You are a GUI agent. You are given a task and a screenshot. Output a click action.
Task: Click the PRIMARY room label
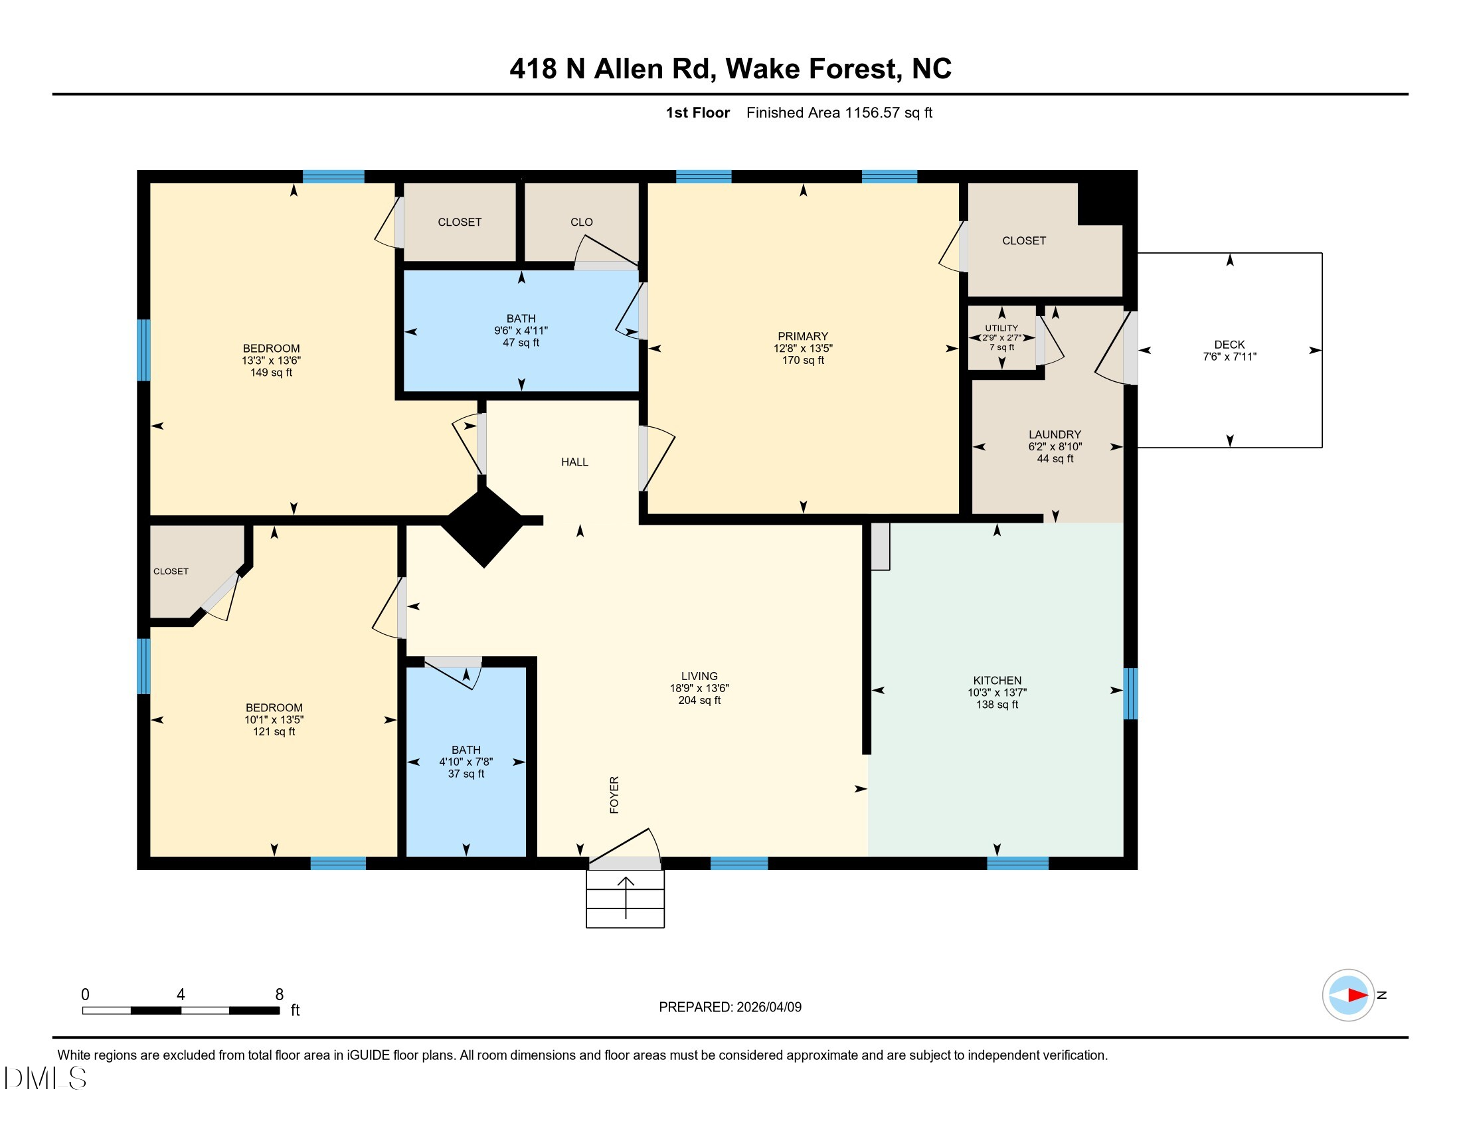point(803,336)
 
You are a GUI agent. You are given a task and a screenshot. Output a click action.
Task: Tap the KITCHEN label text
point(997,680)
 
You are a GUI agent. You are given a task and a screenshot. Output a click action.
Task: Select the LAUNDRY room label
point(1055,434)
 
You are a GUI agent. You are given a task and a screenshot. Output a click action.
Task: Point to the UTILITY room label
point(1001,327)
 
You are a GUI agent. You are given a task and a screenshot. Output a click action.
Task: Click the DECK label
point(1229,345)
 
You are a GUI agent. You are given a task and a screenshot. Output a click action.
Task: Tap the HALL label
point(574,462)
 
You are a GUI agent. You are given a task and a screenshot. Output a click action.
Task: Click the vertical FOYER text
point(614,794)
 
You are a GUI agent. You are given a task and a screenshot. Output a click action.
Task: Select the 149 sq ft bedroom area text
point(271,373)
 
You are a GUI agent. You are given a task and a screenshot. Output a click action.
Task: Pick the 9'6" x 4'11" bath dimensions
point(521,331)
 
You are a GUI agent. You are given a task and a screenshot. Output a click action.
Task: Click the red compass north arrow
point(1357,996)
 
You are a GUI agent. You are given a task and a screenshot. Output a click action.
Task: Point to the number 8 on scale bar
point(280,995)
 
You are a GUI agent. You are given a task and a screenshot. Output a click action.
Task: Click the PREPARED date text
point(730,1007)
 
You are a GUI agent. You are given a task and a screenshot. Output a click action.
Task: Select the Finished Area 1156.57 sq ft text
point(839,113)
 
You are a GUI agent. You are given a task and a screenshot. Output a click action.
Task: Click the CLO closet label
point(581,222)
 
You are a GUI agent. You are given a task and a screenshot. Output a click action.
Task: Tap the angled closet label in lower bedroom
point(171,571)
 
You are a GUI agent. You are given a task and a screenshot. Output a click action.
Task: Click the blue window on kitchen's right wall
point(1130,693)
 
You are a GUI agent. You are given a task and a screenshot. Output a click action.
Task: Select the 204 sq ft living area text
point(699,700)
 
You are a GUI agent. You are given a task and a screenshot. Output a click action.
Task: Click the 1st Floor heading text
point(697,113)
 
